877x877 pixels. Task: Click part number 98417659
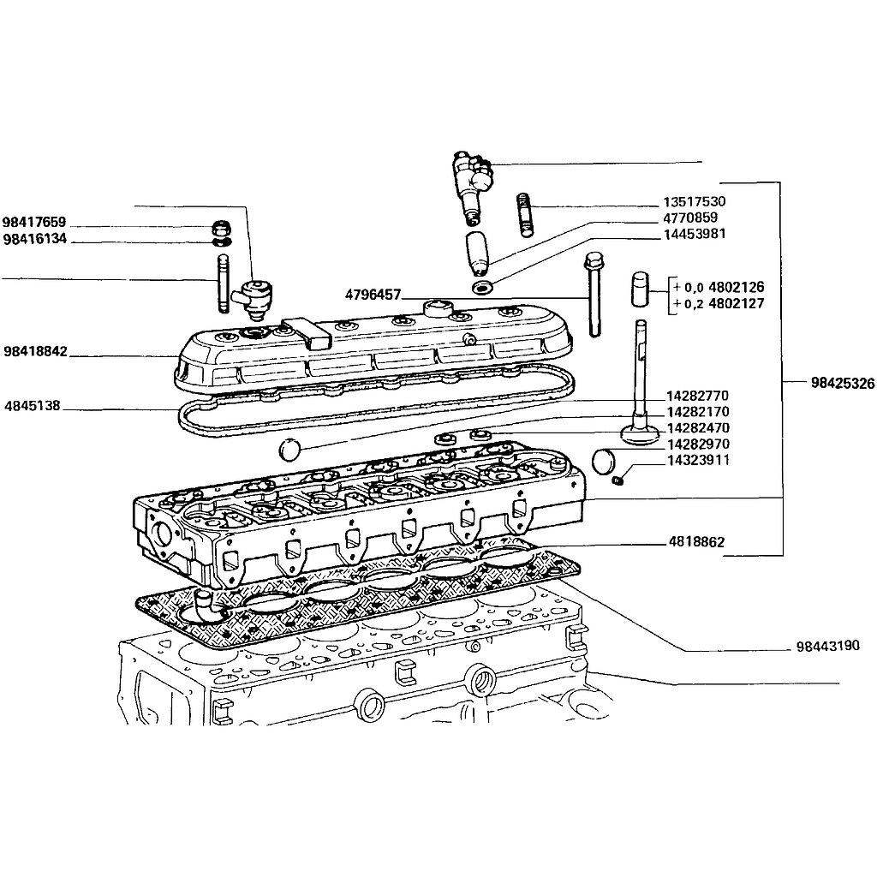(x=34, y=222)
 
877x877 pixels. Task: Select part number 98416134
(x=34, y=239)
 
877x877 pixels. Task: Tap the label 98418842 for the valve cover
(x=35, y=351)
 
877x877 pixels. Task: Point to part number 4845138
(x=33, y=405)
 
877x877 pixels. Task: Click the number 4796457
(x=373, y=295)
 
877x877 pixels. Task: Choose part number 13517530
(x=694, y=201)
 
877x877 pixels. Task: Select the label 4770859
(x=690, y=218)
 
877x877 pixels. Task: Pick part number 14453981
(x=694, y=234)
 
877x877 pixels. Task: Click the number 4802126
(x=736, y=287)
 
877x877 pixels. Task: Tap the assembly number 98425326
(x=843, y=383)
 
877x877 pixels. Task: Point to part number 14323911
(x=698, y=460)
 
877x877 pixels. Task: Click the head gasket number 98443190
(x=828, y=646)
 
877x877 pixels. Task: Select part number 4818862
(x=696, y=541)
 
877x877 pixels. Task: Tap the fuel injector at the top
(x=472, y=185)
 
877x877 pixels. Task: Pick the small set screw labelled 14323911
(x=617, y=480)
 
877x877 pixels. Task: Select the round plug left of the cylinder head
(x=289, y=450)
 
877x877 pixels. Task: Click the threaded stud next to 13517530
(x=525, y=215)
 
